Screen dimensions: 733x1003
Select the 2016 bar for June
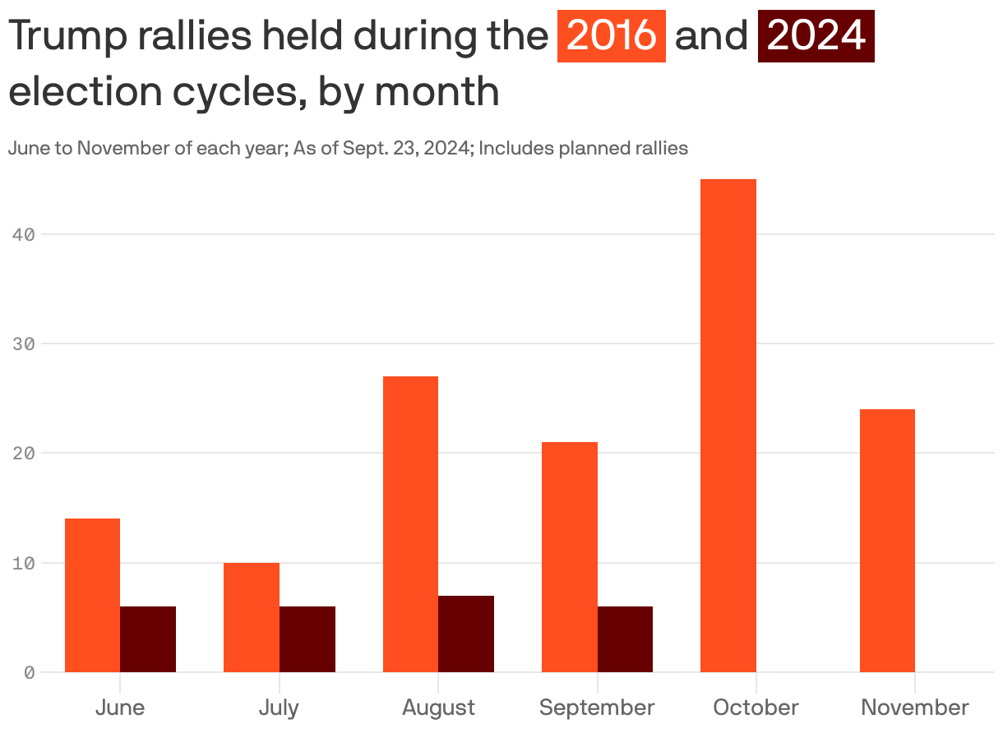[92, 595]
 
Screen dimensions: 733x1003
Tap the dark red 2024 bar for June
[148, 639]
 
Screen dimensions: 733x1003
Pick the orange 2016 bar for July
[252, 617]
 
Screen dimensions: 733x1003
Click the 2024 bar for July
[307, 639]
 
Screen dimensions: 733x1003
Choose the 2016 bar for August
[410, 524]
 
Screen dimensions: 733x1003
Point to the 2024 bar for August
[466, 634]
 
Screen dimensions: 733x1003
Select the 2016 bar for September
[569, 557]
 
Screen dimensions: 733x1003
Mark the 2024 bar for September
[625, 639]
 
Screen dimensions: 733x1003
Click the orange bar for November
[887, 541]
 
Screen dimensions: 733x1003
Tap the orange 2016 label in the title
[611, 35]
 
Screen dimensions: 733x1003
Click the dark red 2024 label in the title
[816, 35]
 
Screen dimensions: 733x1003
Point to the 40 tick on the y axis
[24, 234]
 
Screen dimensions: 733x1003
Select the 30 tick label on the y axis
[24, 343]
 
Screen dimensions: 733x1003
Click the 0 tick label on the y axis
[29, 672]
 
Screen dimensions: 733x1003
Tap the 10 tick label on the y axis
[24, 563]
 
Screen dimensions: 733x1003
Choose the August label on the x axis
[438, 708]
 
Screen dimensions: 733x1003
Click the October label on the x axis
[756, 708]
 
